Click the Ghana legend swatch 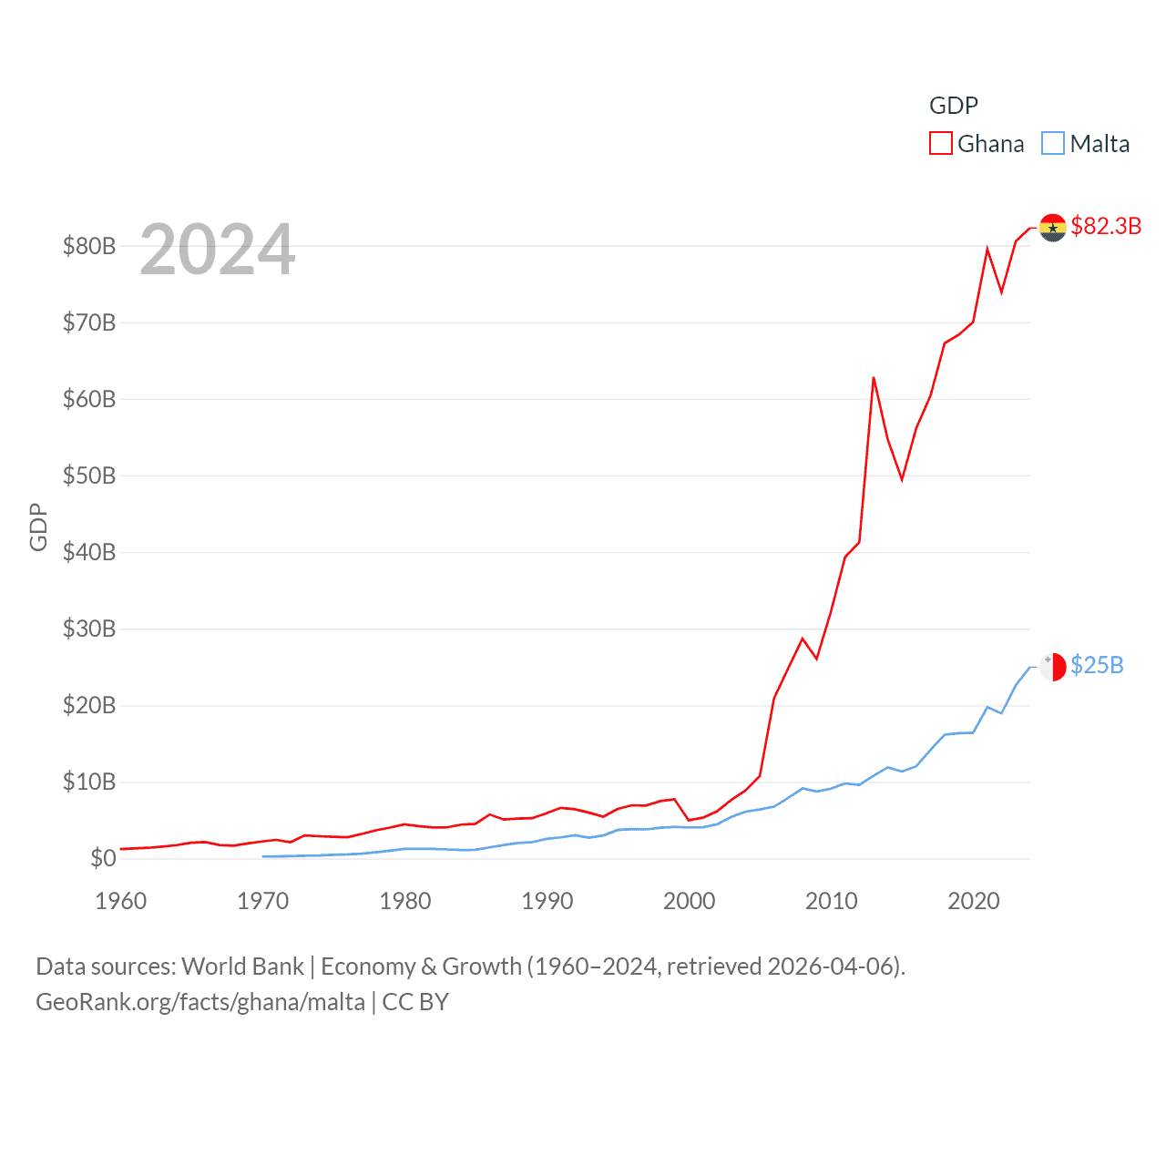tap(940, 144)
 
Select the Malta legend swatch tap(1053, 144)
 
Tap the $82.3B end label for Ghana tap(1106, 226)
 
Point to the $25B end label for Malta tap(1097, 665)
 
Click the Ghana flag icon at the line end tap(1052, 228)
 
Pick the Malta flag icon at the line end tap(1052, 667)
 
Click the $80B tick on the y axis tap(89, 246)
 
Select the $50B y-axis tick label tap(89, 476)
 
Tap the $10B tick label tap(89, 782)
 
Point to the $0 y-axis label tap(103, 858)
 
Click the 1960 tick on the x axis tap(121, 901)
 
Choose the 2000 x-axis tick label tap(690, 901)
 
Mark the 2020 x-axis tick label tap(974, 901)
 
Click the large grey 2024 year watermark tap(218, 250)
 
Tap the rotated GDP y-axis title tap(38, 527)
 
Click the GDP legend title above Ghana tap(953, 106)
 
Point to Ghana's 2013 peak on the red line tap(874, 378)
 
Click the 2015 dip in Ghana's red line tap(902, 479)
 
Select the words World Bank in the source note tap(242, 967)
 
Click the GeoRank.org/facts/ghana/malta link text tap(200, 1002)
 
